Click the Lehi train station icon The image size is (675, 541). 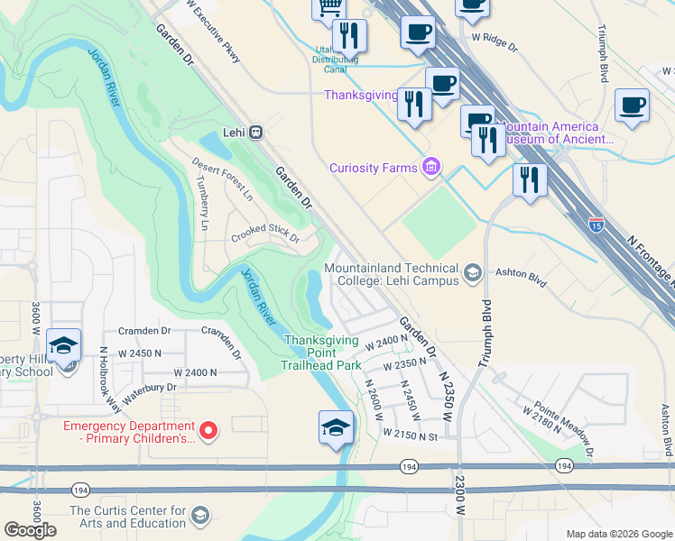[x=256, y=133]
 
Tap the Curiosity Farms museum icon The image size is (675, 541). [x=431, y=167]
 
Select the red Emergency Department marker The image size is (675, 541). [x=208, y=432]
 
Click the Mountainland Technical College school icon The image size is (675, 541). [x=471, y=272]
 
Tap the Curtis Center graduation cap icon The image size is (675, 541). [x=199, y=516]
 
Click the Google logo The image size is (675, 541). [x=30, y=530]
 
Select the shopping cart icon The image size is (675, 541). [x=328, y=7]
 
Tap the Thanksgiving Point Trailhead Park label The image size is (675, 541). [x=322, y=353]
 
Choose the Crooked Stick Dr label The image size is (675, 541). [x=264, y=234]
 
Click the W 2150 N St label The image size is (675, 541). [x=410, y=435]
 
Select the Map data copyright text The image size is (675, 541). [x=618, y=534]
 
